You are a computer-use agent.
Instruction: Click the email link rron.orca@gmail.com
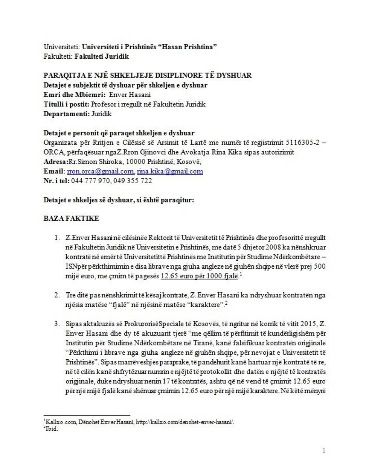100,172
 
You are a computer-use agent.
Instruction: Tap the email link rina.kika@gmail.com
170,172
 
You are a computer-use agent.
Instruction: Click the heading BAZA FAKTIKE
71,219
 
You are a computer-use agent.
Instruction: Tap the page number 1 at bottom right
324,451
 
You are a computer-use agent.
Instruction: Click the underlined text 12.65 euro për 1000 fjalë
199,276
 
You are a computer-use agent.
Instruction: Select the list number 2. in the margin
57,295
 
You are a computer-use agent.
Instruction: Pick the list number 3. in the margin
57,324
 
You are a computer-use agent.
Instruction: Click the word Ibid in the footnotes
52,429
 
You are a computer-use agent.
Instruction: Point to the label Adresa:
55,162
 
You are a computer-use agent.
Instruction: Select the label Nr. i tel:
56,181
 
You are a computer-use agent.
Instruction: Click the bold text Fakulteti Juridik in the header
102,57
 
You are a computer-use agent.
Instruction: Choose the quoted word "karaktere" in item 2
206,305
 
